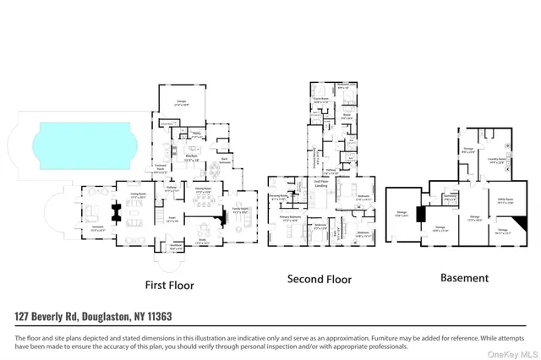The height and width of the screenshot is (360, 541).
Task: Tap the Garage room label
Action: tap(182, 101)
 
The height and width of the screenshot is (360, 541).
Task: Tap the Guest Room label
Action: tap(321, 99)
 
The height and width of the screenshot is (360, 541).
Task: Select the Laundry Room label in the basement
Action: tap(496, 158)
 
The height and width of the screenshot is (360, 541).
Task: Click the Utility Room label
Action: tap(503, 201)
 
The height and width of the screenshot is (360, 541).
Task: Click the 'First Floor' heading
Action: tap(168, 286)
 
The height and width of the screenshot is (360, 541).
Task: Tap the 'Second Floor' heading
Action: tap(320, 279)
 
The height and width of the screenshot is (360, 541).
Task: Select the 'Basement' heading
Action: tap(464, 277)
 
